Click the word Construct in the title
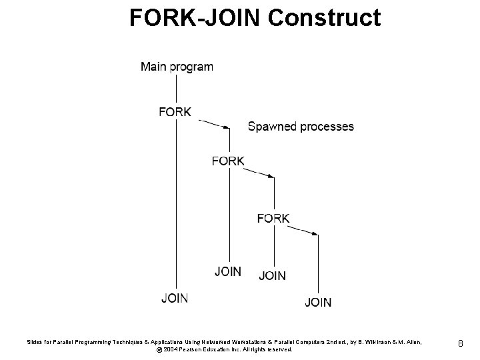pos(325,18)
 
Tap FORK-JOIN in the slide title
pos(196,18)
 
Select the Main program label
pos(177,67)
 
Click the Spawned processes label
pos(301,126)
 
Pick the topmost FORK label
pos(175,111)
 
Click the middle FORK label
pos(228,161)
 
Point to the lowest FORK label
pos(273,218)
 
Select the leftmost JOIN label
pos(174,298)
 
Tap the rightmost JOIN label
pos(318,303)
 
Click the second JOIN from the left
pos(228,271)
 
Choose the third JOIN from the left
pos(272,275)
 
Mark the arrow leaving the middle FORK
pos(259,173)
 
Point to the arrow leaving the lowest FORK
pos(303,230)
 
